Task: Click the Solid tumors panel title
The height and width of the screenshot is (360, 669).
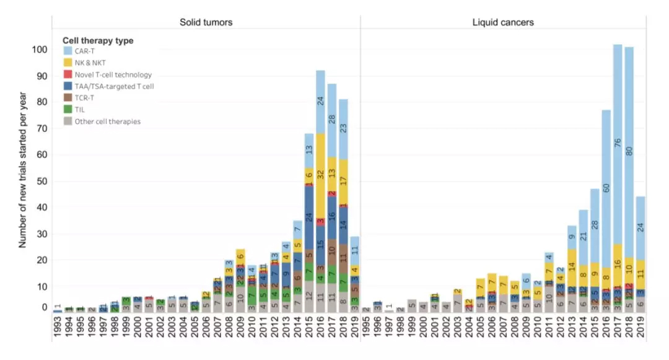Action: pyautogui.click(x=206, y=22)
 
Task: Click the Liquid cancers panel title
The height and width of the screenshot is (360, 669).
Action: pyautogui.click(x=503, y=22)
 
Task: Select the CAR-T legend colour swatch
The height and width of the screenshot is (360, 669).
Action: pyautogui.click(x=68, y=52)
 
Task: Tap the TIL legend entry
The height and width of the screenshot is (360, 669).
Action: pyautogui.click(x=80, y=110)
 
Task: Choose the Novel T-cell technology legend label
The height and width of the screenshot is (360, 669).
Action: pyautogui.click(x=113, y=75)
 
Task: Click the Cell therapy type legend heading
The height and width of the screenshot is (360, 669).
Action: pyautogui.click(x=98, y=41)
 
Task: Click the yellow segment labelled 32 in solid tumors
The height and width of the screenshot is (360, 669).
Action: pyautogui.click(x=320, y=175)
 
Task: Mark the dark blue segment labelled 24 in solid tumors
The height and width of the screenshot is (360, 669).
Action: pyautogui.click(x=308, y=217)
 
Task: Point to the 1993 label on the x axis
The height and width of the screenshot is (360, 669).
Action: pyautogui.click(x=58, y=326)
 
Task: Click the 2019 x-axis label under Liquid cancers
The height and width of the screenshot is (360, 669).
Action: pyautogui.click(x=641, y=326)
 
